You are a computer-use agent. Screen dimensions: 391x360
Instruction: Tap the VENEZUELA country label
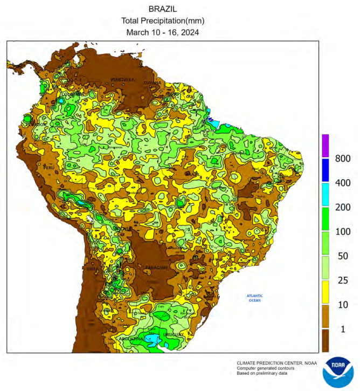123,80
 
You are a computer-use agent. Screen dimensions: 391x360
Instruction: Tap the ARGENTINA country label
131,339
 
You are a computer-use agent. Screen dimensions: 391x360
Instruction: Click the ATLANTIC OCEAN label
254,298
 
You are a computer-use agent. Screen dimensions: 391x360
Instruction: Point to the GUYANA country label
153,83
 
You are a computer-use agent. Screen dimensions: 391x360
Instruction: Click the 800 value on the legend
343,159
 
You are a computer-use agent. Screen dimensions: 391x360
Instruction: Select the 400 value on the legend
343,183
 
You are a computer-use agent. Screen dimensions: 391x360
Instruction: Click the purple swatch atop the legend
326,146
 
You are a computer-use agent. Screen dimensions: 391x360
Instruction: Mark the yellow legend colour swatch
326,292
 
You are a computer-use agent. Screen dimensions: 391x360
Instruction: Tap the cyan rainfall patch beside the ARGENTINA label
153,339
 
